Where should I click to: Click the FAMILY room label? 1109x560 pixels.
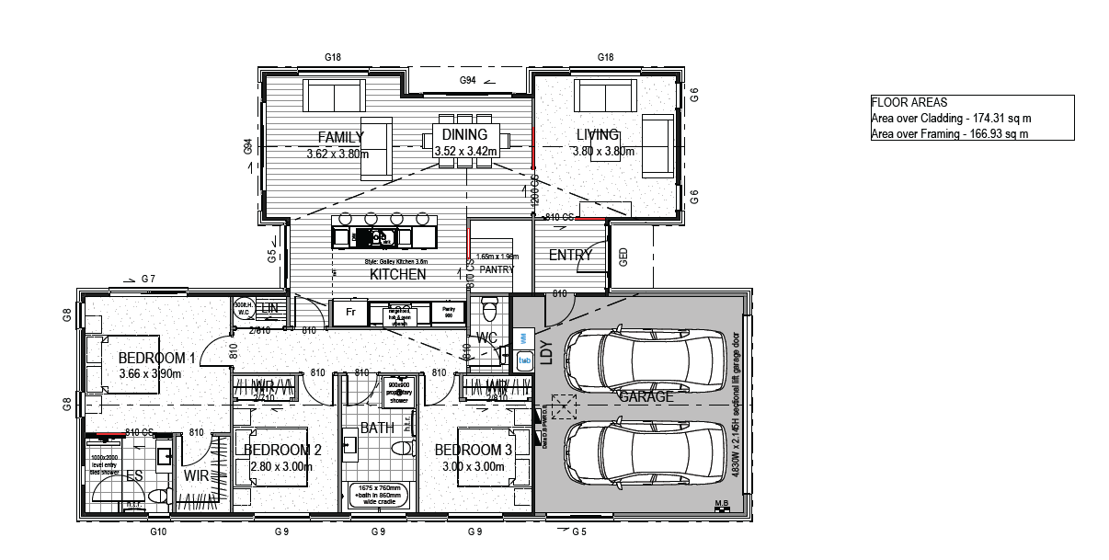click(x=340, y=137)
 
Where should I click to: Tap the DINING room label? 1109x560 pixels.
click(x=463, y=134)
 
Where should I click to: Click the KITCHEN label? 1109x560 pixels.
click(x=397, y=274)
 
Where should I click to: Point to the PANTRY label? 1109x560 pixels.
click(x=496, y=269)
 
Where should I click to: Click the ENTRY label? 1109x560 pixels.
click(x=570, y=256)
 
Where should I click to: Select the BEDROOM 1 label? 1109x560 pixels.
click(x=156, y=358)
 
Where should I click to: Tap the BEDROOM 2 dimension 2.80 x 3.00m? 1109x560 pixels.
click(x=281, y=466)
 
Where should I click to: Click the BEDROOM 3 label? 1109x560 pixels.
click(x=474, y=450)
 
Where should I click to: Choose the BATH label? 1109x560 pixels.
click(x=377, y=428)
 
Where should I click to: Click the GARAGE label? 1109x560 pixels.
click(x=648, y=397)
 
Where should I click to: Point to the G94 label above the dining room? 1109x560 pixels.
click(x=467, y=81)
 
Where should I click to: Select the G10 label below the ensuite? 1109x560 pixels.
click(x=158, y=531)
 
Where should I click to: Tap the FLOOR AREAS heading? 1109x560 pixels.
click(x=909, y=103)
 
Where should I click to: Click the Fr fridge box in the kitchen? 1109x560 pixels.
click(x=349, y=312)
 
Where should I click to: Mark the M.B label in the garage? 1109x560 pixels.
click(x=721, y=503)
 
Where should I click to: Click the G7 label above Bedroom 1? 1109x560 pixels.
click(x=148, y=278)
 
